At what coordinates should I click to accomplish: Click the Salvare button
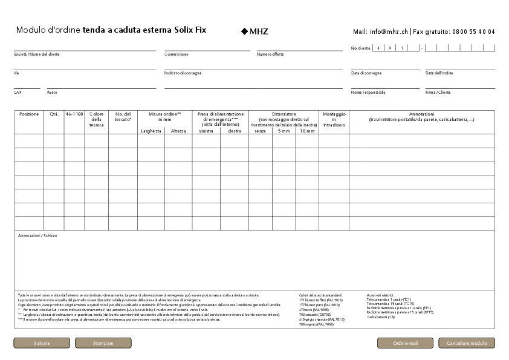[42, 343]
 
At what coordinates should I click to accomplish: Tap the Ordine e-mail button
[405, 343]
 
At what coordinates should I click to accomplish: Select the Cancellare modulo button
[466, 343]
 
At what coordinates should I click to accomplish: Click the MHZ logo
[254, 31]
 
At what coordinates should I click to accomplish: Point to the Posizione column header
[29, 114]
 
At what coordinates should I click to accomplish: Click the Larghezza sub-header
[151, 131]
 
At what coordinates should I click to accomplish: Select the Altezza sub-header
[178, 131]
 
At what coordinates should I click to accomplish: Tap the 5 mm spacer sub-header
[284, 131]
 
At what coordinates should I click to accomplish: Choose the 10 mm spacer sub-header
[306, 131]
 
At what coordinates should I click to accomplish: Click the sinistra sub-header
[206, 131]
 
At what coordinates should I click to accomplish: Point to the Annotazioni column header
[421, 114]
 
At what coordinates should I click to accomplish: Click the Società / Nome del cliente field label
[37, 54]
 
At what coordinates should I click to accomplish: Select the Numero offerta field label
[270, 54]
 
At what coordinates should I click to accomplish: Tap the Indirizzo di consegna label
[183, 73]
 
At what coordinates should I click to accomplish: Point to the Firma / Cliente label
[438, 93]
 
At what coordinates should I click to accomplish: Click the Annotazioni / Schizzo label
[37, 235]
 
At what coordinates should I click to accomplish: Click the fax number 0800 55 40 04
[473, 31]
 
